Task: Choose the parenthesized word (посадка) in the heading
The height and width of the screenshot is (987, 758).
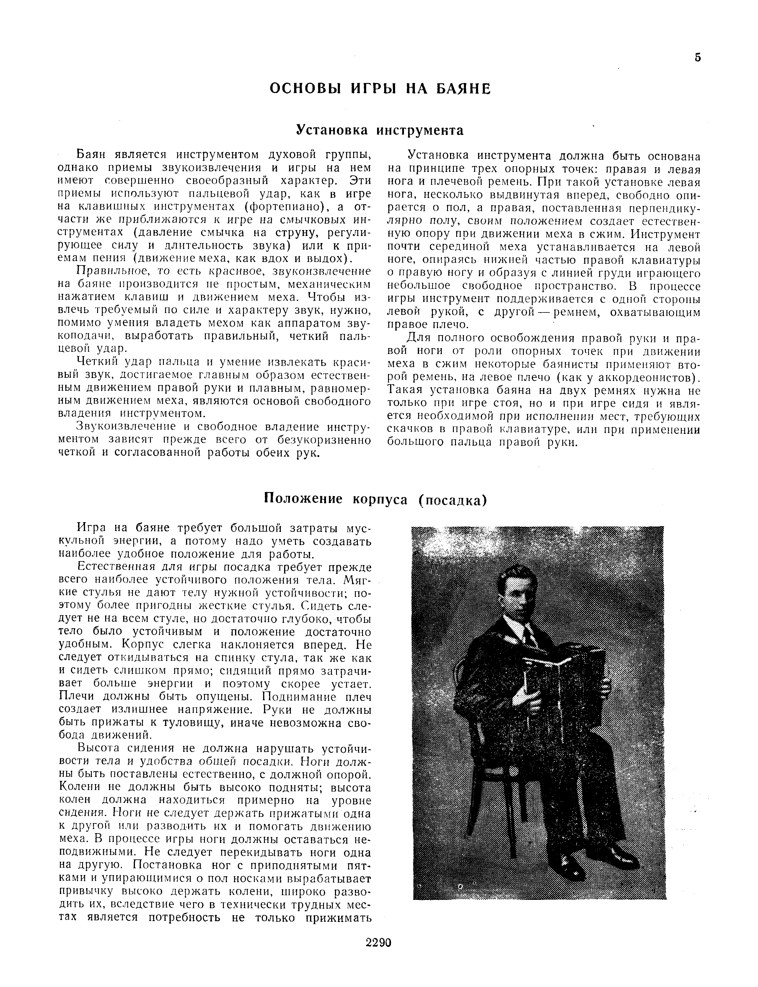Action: point(452,500)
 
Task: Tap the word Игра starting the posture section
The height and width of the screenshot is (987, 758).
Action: point(92,528)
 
